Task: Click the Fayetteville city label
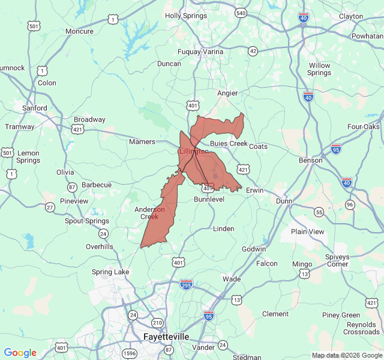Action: (166, 337)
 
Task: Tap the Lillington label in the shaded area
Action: (194, 152)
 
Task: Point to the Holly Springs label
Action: (185, 16)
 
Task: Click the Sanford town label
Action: (35, 108)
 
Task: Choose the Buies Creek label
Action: (229, 144)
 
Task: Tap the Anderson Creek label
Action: (149, 213)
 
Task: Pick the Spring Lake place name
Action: (110, 272)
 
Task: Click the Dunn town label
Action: (283, 202)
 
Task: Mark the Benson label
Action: (311, 160)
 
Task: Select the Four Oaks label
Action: (364, 127)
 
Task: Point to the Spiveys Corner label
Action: (338, 260)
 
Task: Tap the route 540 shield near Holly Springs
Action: (241, 13)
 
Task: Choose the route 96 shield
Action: (350, 205)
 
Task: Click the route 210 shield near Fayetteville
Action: (157, 322)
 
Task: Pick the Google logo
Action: (20, 353)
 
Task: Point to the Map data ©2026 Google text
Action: (346, 355)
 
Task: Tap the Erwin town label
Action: (255, 190)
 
